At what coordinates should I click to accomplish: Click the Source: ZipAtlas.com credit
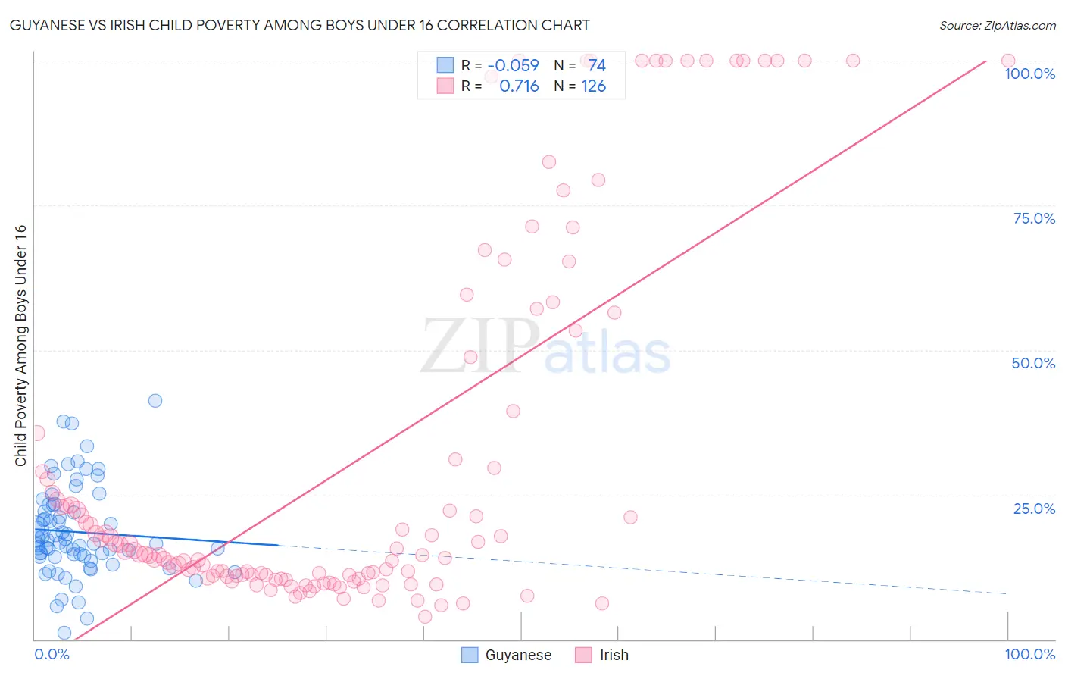997,25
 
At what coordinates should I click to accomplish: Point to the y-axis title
20,346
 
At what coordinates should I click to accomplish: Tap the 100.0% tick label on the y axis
1029,74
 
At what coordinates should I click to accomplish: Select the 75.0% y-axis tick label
1034,218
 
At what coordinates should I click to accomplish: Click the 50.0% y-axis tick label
1033,363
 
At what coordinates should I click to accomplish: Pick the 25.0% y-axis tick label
1034,509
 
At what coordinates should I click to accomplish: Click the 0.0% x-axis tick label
52,654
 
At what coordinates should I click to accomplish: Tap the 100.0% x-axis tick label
1029,654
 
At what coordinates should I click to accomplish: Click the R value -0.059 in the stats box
513,65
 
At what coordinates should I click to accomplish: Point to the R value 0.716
519,86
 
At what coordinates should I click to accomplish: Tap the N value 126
593,86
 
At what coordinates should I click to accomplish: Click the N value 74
597,65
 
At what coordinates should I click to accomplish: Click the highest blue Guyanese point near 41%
155,401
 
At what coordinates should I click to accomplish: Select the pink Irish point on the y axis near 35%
36,433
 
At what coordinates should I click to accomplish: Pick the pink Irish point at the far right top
1008,61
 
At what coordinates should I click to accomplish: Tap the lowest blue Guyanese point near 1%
64,633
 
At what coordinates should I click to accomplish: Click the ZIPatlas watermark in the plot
545,347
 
